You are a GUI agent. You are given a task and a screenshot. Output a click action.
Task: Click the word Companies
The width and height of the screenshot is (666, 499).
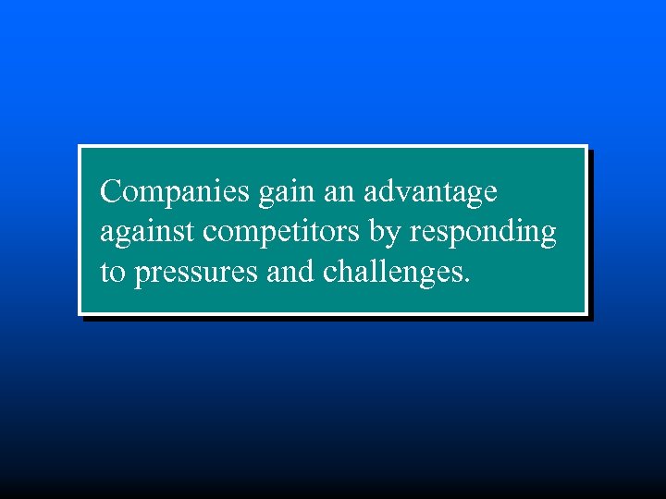[x=175, y=192]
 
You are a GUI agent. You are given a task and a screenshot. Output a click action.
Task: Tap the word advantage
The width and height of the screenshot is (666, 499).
[x=430, y=192]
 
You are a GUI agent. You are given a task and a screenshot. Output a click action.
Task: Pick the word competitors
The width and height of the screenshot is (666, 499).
[x=282, y=233]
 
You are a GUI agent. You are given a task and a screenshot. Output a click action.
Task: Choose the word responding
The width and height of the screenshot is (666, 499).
[x=482, y=233]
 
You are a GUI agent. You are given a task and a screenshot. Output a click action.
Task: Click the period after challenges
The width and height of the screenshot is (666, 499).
[x=466, y=281]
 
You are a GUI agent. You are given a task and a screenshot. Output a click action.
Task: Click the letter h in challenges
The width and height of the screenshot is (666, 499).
[x=347, y=272]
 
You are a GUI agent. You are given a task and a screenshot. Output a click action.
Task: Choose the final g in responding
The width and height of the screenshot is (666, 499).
[x=547, y=237]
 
